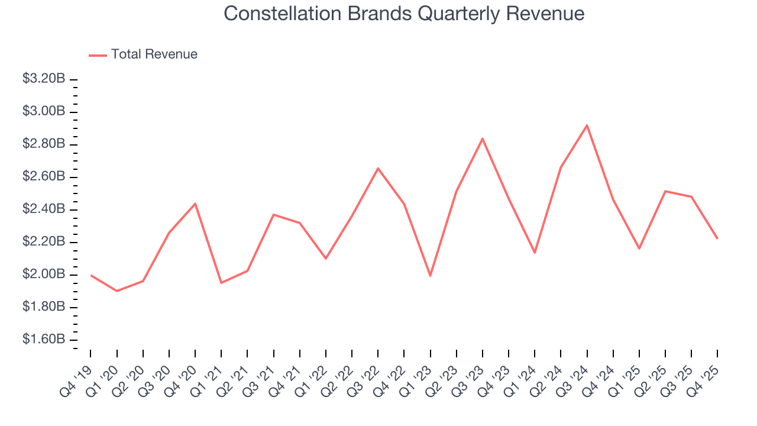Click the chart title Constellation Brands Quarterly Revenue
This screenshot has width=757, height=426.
pyautogui.click(x=404, y=14)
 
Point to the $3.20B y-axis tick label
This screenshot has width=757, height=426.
pyautogui.click(x=44, y=79)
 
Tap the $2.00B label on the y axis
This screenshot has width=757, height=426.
pyautogui.click(x=44, y=275)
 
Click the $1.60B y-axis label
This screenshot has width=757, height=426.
pyautogui.click(x=44, y=340)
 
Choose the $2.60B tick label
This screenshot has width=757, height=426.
pyautogui.click(x=44, y=177)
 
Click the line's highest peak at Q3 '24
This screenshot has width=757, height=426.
pyautogui.click(x=587, y=125)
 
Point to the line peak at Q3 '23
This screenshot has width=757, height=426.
pyautogui.click(x=483, y=138)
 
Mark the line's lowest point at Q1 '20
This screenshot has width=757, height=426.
pyautogui.click(x=117, y=291)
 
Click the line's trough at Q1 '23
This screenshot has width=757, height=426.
pyautogui.click(x=430, y=276)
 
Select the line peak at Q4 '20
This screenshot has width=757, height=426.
pyautogui.click(x=195, y=204)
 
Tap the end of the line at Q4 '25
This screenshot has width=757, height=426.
pyautogui.click(x=717, y=238)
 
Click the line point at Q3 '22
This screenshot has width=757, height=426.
pyautogui.click(x=378, y=168)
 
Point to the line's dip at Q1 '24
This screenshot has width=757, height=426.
pyautogui.click(x=535, y=253)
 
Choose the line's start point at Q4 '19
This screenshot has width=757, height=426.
pyautogui.click(x=90, y=275)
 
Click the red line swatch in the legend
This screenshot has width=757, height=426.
pyautogui.click(x=98, y=55)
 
